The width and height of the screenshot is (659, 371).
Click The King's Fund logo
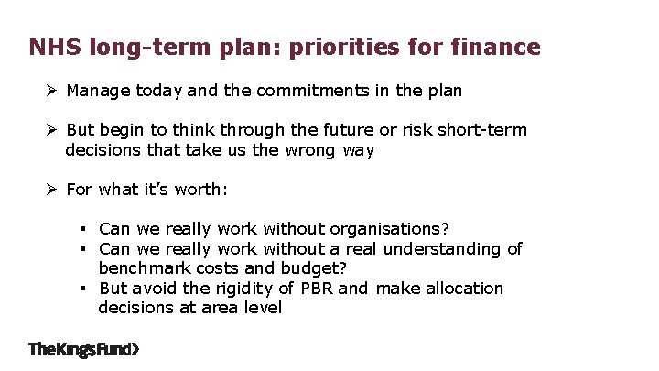click(84, 349)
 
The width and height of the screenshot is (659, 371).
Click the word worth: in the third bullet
click(200, 190)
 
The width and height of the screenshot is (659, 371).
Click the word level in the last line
click(261, 308)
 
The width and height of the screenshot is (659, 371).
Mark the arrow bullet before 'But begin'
click(53, 130)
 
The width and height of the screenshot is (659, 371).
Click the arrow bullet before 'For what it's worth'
click(53, 190)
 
